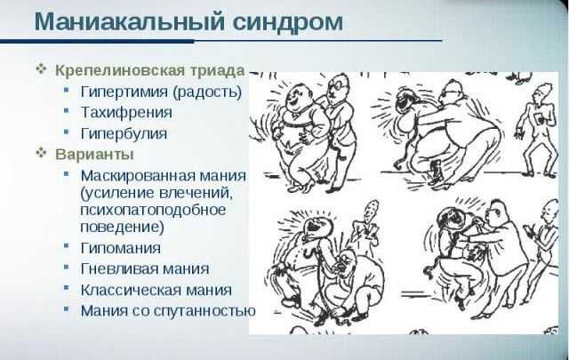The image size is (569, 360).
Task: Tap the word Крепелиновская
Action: pos(111,69)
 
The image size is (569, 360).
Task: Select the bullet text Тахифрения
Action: pos(125,113)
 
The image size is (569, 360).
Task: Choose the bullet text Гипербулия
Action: pos(123,134)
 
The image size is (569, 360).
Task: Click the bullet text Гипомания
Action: pos(120,247)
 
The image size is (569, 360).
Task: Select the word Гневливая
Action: pos(118,268)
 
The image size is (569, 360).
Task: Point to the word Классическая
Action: pos(130,290)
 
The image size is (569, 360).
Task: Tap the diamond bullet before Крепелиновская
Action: pos(40,69)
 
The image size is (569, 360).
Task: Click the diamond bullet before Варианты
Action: pos(40,152)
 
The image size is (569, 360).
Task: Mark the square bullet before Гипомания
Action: pos(68,247)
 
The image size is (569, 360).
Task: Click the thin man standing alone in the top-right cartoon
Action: pos(539,124)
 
